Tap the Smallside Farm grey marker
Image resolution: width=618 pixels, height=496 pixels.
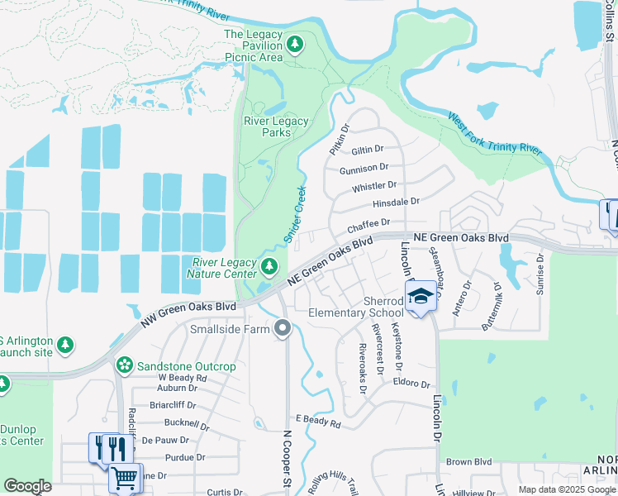[x=283, y=329]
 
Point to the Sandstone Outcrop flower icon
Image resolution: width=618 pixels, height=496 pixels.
[x=125, y=365]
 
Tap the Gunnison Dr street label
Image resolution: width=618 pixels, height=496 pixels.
[x=364, y=168]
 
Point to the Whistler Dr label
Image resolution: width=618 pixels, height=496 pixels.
[x=374, y=186]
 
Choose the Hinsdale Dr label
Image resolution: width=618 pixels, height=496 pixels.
[x=396, y=202]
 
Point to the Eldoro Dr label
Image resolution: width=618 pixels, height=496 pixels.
[x=412, y=384]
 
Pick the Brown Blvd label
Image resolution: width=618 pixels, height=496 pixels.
[x=468, y=462]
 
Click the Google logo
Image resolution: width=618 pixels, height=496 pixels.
[x=27, y=486]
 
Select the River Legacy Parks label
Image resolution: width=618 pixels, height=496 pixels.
[x=276, y=126]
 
